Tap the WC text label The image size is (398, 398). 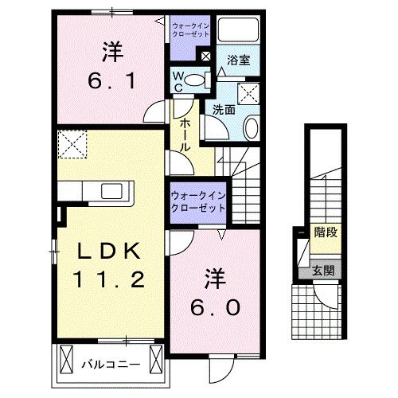pos(180,83)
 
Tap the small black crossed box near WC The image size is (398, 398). pos(205,57)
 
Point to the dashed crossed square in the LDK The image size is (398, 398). pos(73,146)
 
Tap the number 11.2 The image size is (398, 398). pos(109,280)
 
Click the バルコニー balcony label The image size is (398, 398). pos(111,365)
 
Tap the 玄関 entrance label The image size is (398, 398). pos(323,270)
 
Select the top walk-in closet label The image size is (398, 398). pos(191,31)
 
